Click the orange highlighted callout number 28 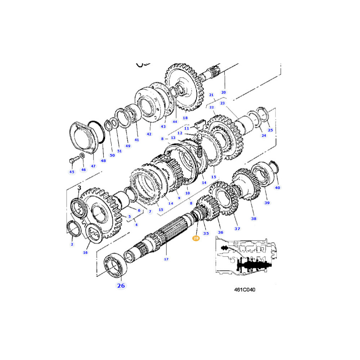pos(196,238)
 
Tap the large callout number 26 pos(121,285)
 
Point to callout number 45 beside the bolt pos(72,172)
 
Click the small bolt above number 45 pos(71,159)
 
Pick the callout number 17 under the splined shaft pos(166,259)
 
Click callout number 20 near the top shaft pos(223,92)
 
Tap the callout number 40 pos(277,187)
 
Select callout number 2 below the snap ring pos(72,244)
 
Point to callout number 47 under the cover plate pos(93,166)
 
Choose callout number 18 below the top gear pos(185,118)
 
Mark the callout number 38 pos(253,218)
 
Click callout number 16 pos(85,252)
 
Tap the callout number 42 pos(149,134)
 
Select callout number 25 pos(270,130)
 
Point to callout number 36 pos(221,232)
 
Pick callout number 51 pos(120,151)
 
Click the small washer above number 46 pos(82,156)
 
